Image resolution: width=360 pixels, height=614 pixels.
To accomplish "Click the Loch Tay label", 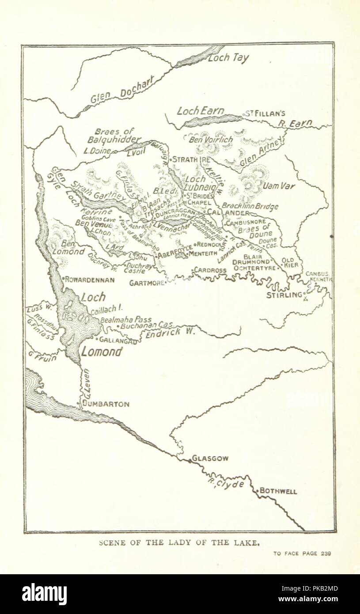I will point(228,58).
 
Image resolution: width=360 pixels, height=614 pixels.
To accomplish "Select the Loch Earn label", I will point(201,111).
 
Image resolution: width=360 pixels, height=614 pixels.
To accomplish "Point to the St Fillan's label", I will point(265,114).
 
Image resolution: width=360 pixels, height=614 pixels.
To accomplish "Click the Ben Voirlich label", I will point(211,140).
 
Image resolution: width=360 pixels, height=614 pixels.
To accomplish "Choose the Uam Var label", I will point(278,186).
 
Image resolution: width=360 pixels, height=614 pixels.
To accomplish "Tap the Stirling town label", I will point(284,295).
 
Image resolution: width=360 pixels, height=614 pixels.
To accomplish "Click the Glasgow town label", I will point(210,459).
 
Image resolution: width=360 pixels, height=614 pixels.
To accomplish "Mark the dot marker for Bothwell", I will point(257,491).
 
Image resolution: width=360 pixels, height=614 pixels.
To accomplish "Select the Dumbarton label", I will point(107,404).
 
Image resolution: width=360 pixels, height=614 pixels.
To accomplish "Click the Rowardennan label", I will point(90,280).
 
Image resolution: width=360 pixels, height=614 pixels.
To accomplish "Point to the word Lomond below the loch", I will point(101,352).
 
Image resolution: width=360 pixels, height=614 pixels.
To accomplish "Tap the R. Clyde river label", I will point(226,483).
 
